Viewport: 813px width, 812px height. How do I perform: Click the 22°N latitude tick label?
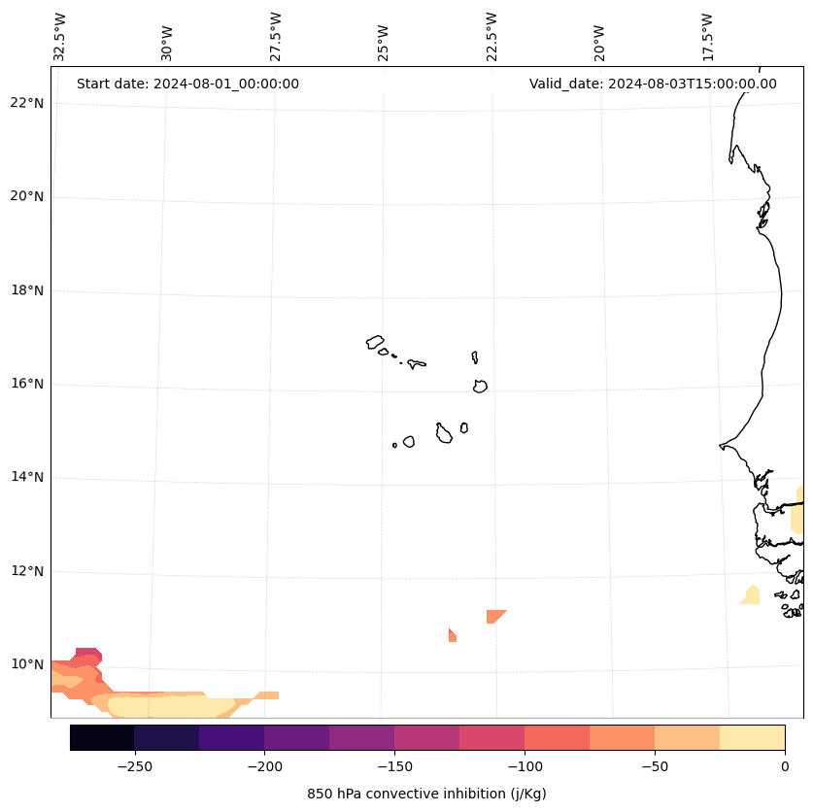click(x=27, y=103)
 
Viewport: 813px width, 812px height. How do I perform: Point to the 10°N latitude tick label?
click(x=27, y=664)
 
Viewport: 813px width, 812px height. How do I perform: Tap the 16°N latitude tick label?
click(x=27, y=384)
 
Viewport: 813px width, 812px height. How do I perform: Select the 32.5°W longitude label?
click(x=60, y=37)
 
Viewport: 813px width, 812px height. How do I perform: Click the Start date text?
click(x=187, y=84)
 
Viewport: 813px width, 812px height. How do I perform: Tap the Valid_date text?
click(x=653, y=84)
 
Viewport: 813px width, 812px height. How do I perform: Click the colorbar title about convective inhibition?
click(x=426, y=794)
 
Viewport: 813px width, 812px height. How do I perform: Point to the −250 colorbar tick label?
click(x=134, y=766)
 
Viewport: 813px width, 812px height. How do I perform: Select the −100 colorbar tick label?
click(x=525, y=766)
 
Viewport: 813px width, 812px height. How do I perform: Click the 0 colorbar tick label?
click(x=784, y=766)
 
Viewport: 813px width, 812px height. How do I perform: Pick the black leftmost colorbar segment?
click(x=102, y=737)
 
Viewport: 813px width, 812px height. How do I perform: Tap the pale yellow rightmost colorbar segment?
click(x=752, y=737)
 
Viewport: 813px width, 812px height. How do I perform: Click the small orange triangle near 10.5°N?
click(x=452, y=636)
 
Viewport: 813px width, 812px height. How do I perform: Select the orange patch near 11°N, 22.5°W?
click(x=494, y=616)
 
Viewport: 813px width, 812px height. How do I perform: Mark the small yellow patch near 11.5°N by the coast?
click(x=751, y=595)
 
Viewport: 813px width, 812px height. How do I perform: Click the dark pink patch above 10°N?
click(x=88, y=654)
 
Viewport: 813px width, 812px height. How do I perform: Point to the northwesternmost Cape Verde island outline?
click(x=375, y=342)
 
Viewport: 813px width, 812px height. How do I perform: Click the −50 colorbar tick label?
click(x=655, y=766)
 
